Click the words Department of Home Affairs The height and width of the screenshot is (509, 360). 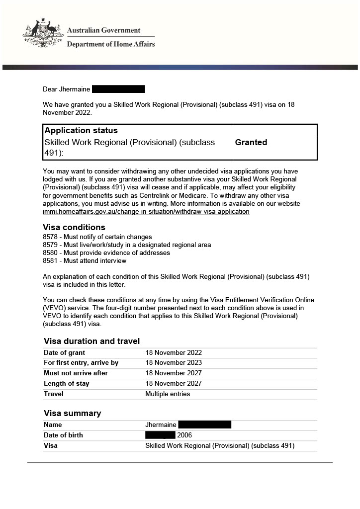point(111,44)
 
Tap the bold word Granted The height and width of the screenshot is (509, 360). point(251,143)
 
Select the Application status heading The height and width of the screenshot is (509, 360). point(81,131)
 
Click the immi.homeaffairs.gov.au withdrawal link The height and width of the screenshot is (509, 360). point(146,212)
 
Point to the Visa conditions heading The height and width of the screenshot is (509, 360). point(74,228)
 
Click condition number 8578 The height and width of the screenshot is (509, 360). point(51,237)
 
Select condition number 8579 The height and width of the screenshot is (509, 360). point(51,245)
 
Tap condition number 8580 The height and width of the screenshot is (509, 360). point(51,253)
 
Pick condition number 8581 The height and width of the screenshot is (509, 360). point(51,261)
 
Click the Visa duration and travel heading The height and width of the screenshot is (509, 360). point(91,341)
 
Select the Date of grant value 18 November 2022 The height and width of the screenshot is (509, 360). point(174,353)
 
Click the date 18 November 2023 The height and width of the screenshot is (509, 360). point(174,363)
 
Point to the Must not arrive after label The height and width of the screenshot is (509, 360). point(76,373)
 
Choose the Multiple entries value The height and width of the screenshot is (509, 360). point(168,394)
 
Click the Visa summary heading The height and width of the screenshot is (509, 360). point(72,414)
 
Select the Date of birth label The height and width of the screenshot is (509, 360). point(63,435)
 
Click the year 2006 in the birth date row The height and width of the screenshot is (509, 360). point(184,435)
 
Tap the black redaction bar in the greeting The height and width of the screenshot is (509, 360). point(118,89)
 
